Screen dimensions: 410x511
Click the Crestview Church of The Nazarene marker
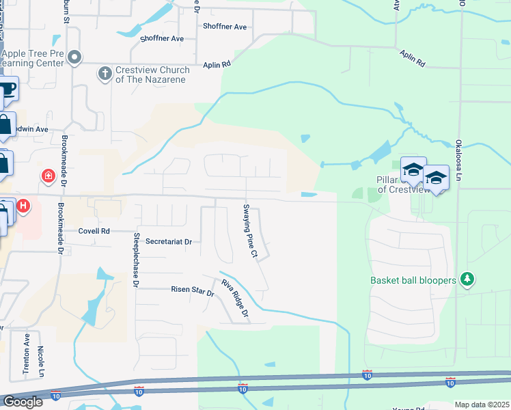click(105, 72)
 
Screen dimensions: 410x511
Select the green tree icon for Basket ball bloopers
click(467, 279)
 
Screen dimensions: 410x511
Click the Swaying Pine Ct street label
click(250, 231)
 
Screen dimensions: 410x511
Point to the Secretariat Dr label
click(169, 241)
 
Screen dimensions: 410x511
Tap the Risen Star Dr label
click(192, 290)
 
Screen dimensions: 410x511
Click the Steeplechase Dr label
click(137, 259)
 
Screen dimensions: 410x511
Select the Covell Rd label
click(94, 231)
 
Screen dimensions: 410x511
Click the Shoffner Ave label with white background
click(225, 27)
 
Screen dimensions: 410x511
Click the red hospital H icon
click(23, 205)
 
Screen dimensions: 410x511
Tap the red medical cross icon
click(48, 176)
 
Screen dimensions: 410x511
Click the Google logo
click(23, 402)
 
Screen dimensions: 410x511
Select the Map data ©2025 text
click(482, 405)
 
